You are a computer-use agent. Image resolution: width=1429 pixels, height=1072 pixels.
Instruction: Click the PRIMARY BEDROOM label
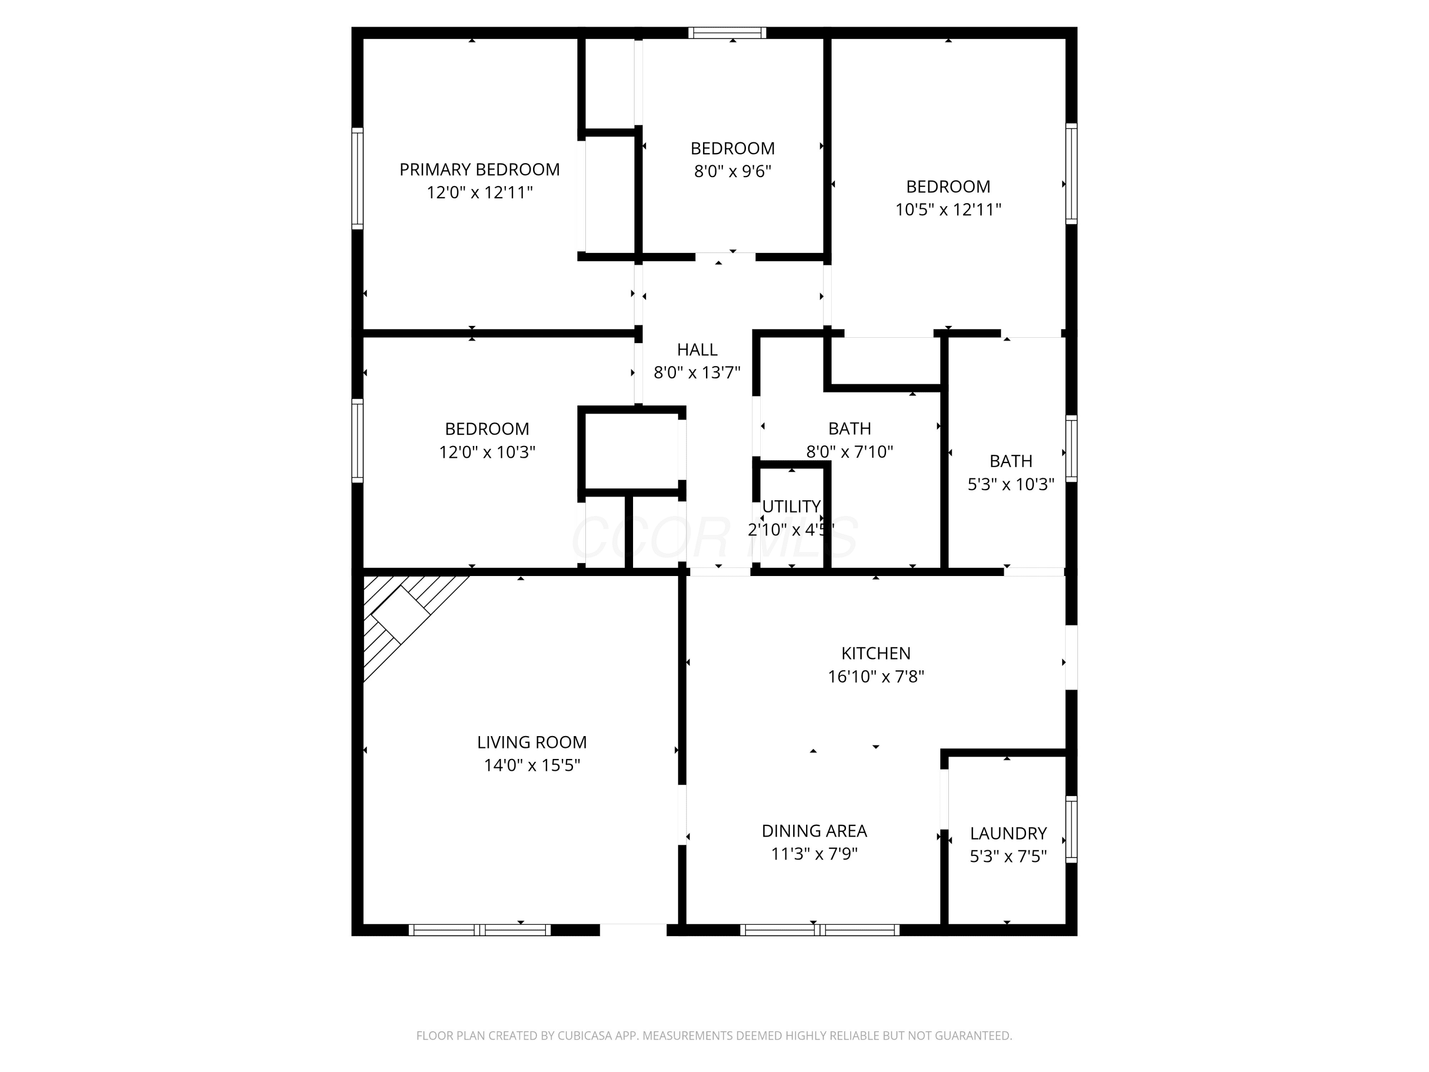[479, 169]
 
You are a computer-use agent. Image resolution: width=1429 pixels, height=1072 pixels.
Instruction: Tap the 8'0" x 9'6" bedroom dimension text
[733, 171]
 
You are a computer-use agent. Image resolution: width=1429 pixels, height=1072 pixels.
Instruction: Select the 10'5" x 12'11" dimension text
[948, 209]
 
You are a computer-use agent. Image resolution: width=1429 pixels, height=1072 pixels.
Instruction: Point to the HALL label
[697, 350]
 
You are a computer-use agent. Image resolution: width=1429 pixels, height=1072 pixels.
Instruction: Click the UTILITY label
[791, 506]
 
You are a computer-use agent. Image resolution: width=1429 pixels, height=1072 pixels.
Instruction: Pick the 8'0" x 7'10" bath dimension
[849, 452]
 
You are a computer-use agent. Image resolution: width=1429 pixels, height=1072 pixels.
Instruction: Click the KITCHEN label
[876, 653]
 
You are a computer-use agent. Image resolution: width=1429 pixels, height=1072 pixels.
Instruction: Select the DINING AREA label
[814, 830]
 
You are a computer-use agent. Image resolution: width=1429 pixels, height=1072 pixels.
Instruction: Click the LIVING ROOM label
[532, 742]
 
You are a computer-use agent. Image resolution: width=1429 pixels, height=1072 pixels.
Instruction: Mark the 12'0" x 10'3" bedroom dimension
[487, 452]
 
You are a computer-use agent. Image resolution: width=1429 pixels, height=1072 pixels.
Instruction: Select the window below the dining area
[819, 930]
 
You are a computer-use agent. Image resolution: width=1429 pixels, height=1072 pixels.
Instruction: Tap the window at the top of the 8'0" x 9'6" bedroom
[727, 33]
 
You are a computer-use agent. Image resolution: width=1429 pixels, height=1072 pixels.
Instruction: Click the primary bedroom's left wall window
[357, 178]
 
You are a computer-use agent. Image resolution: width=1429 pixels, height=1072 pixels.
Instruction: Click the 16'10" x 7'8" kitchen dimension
[876, 677]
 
